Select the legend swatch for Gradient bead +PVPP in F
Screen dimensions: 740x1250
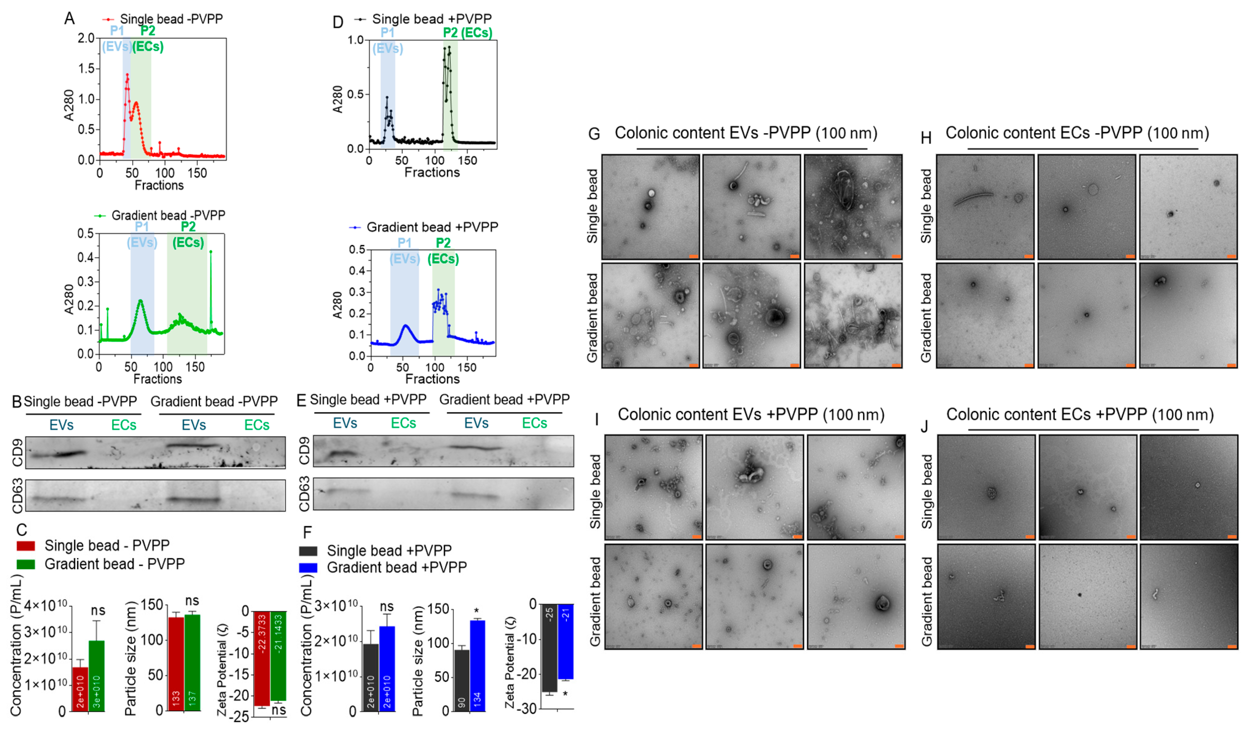pos(308,567)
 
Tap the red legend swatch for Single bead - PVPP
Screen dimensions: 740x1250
pos(26,546)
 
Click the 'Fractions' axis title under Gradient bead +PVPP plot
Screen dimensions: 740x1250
pos(432,379)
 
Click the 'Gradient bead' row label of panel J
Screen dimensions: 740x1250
pos(926,601)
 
